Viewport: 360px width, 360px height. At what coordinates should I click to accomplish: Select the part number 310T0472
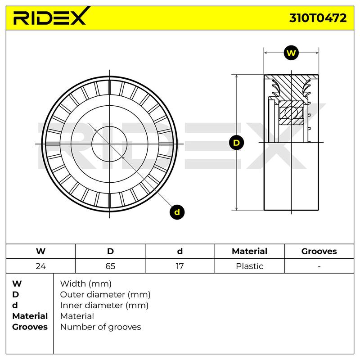[x=318, y=18]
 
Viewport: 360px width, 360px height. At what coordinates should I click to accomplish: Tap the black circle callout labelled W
[x=291, y=53]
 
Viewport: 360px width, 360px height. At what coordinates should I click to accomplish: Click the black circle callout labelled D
[x=236, y=143]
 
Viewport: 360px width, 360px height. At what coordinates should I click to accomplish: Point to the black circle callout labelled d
[x=177, y=212]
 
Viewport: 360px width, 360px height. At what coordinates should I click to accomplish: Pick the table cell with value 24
[x=40, y=266]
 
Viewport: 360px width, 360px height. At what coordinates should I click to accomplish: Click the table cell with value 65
[x=110, y=266]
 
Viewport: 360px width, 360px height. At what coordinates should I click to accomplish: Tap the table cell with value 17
[x=180, y=266]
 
